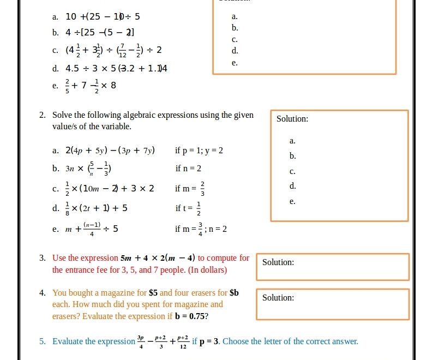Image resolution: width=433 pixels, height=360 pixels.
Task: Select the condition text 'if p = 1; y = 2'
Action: [x=199, y=151]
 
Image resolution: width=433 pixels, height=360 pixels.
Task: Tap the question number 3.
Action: [x=42, y=258]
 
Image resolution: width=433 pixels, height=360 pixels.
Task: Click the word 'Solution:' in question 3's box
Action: [x=278, y=262]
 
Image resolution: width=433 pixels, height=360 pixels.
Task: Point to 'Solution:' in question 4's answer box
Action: [x=278, y=298]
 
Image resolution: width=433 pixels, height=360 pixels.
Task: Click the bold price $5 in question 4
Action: [x=153, y=293]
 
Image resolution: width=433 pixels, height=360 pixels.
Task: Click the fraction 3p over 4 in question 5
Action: [x=141, y=341]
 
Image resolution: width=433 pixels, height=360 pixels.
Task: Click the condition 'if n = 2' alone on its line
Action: [x=188, y=169]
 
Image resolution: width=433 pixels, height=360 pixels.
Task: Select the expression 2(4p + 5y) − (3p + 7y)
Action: [x=110, y=151]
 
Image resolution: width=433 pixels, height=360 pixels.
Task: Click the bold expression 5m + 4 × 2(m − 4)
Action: [x=158, y=258]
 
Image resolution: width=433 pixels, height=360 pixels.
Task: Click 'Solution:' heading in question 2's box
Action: [x=292, y=119]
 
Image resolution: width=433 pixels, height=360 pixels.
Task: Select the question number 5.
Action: [x=42, y=341]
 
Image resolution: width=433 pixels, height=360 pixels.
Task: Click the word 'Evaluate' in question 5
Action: [x=68, y=341]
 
